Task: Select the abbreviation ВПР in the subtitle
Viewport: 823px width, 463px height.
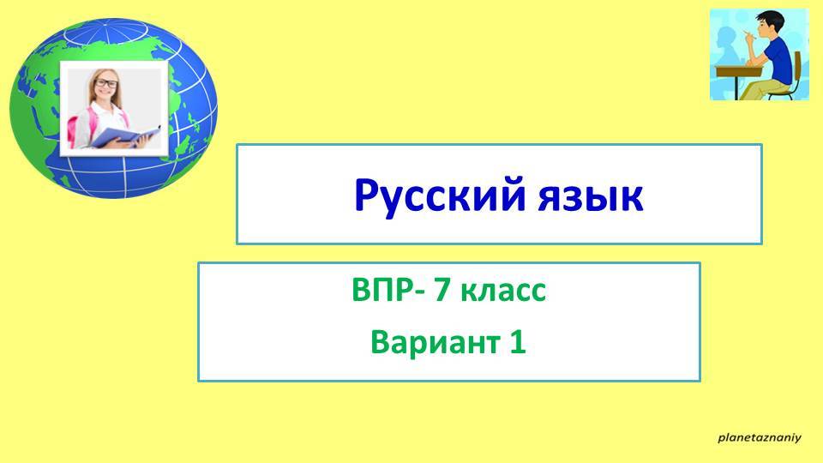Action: point(377,292)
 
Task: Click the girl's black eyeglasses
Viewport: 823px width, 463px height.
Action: point(107,83)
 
